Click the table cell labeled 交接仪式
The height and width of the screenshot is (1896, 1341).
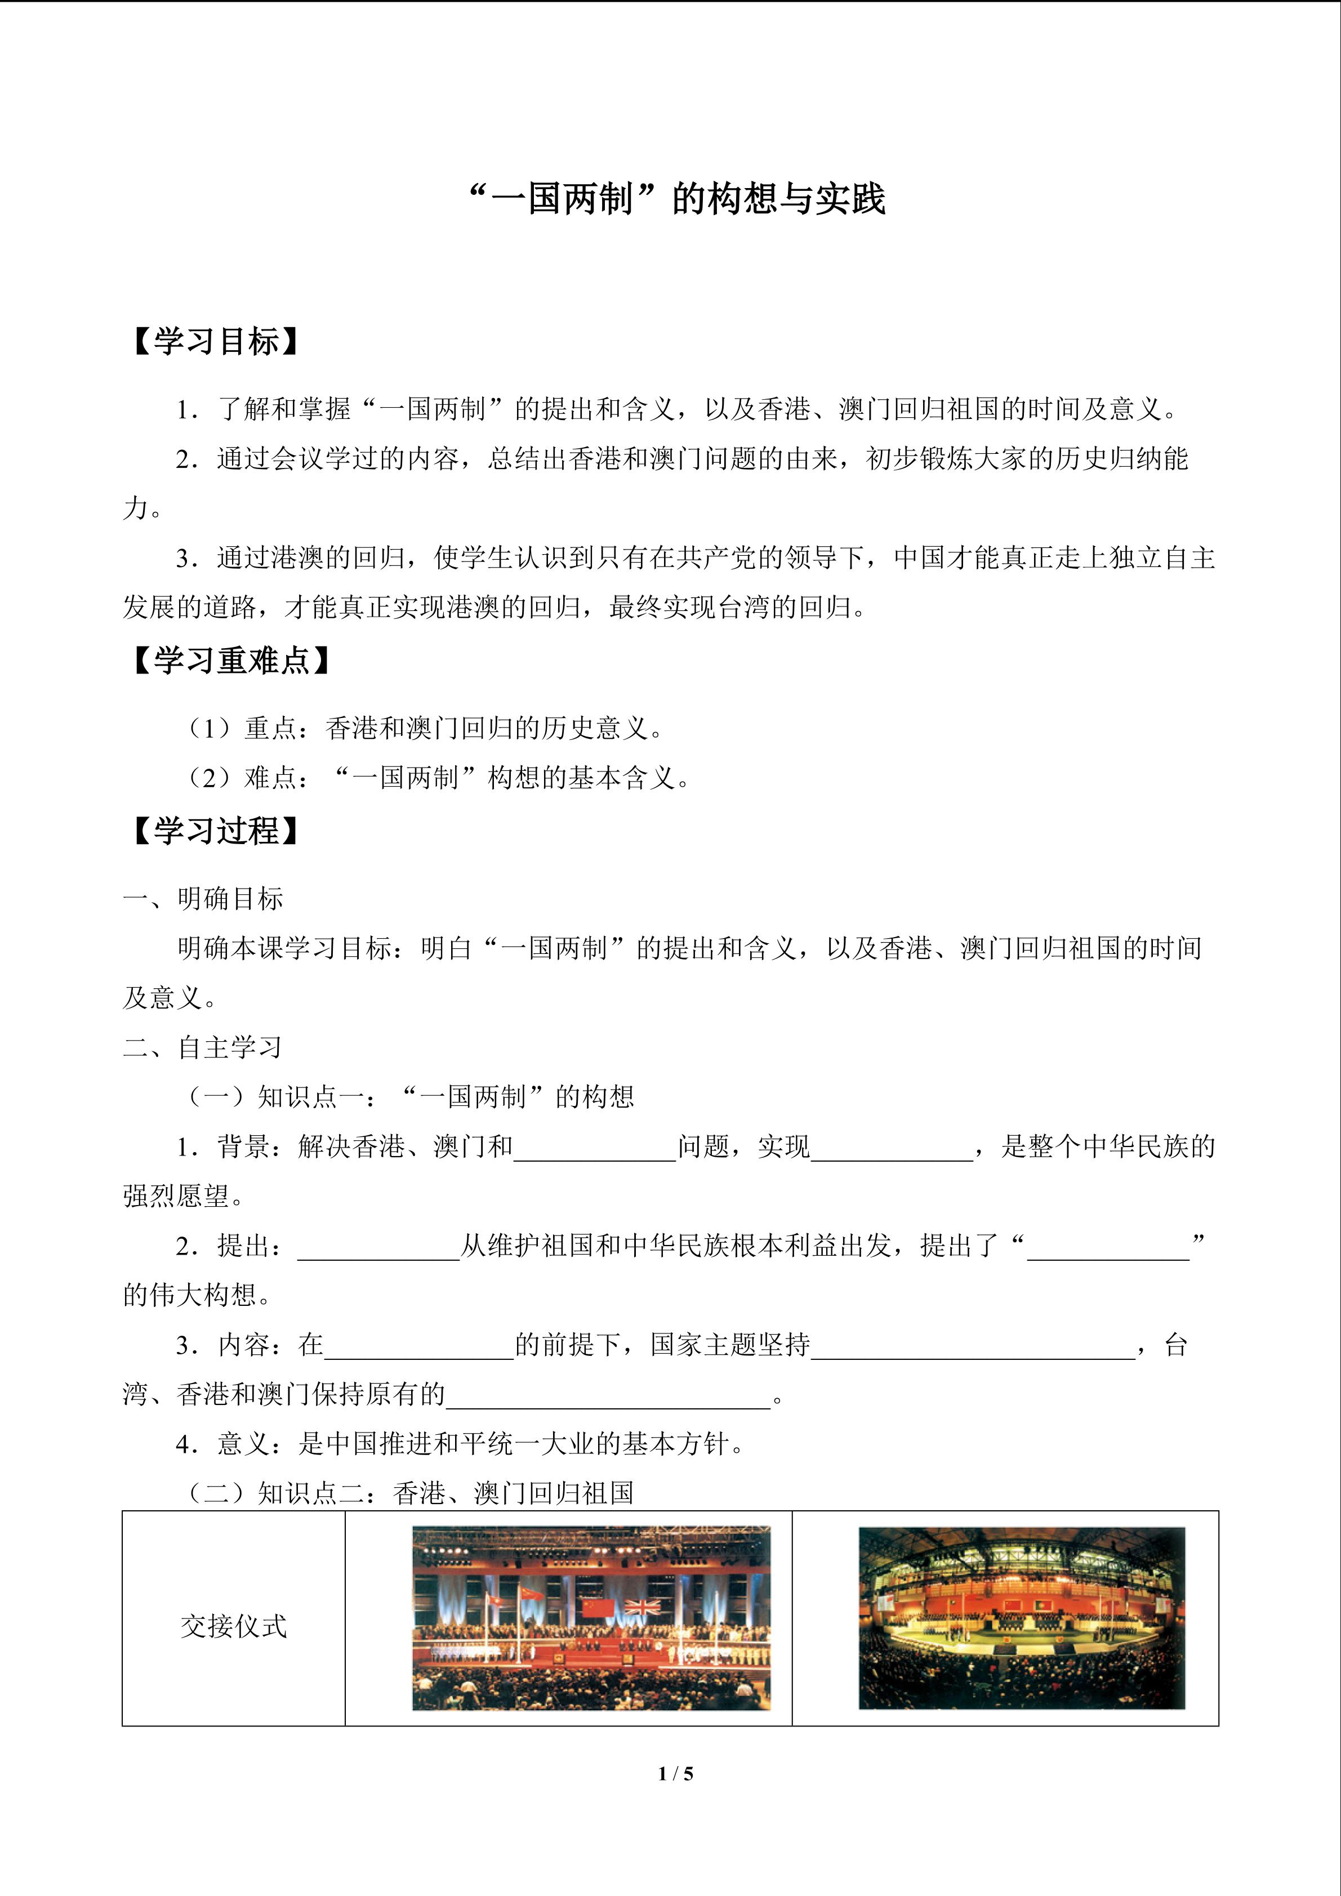tap(234, 1626)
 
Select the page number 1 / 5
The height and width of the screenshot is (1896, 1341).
tap(675, 1773)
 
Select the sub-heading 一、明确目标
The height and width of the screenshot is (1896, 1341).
tap(203, 899)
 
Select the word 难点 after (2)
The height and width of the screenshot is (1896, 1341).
tap(271, 778)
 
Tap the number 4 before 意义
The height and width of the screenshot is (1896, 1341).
tap(182, 1444)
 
